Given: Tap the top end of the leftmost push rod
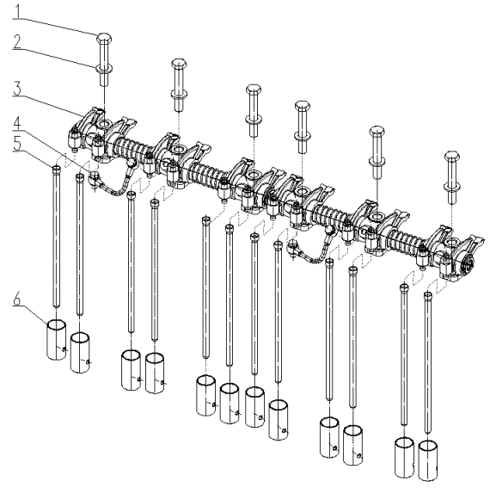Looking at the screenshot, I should tap(56, 170).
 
